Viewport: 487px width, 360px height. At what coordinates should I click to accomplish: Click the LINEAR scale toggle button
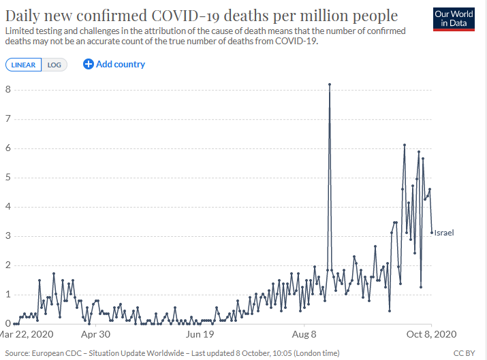coord(23,65)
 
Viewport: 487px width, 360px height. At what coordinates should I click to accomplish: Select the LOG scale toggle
coord(53,65)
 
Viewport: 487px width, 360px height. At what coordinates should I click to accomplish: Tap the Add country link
coord(120,64)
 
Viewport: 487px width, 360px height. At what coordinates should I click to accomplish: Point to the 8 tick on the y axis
coord(7,90)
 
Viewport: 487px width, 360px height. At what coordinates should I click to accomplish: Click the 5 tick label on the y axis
coord(7,178)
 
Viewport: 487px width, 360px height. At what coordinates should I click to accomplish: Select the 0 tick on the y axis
coord(7,324)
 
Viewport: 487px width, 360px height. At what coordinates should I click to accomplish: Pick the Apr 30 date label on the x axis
coord(95,335)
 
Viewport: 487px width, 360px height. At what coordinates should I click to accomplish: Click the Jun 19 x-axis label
coord(200,335)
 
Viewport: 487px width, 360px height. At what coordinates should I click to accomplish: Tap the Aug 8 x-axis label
coord(304,335)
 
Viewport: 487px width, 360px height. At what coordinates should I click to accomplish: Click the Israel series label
coord(443,233)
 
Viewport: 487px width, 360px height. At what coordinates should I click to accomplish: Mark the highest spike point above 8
coord(330,84)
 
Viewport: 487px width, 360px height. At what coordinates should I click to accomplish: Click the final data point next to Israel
coord(432,233)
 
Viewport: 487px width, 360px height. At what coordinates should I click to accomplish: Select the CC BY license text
coord(464,353)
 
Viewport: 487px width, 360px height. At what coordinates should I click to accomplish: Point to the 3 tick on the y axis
coord(7,236)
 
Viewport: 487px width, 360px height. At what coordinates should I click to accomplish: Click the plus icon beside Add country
coord(88,64)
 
